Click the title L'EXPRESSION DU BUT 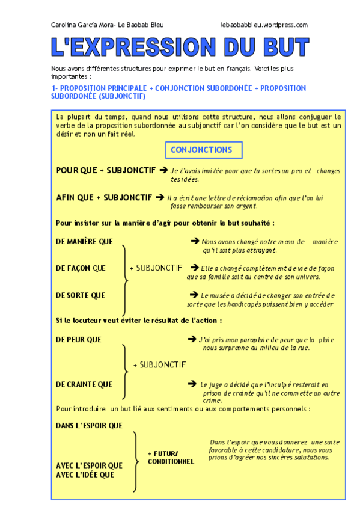180,47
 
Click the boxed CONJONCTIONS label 201,150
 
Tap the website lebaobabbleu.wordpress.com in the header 264,25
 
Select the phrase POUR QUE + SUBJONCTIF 106,170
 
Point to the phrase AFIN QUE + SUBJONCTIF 104,197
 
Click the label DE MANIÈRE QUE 84,241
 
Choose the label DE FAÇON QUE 81,268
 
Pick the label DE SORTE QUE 80,295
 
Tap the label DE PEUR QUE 79,339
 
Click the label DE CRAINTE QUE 84,384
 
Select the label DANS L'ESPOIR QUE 89,425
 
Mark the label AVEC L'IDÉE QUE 85,475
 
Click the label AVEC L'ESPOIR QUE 89,465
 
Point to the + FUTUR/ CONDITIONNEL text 171,457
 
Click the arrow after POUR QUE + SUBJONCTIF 163,170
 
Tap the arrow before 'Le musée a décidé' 194,295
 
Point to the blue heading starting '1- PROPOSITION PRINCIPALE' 178,91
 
